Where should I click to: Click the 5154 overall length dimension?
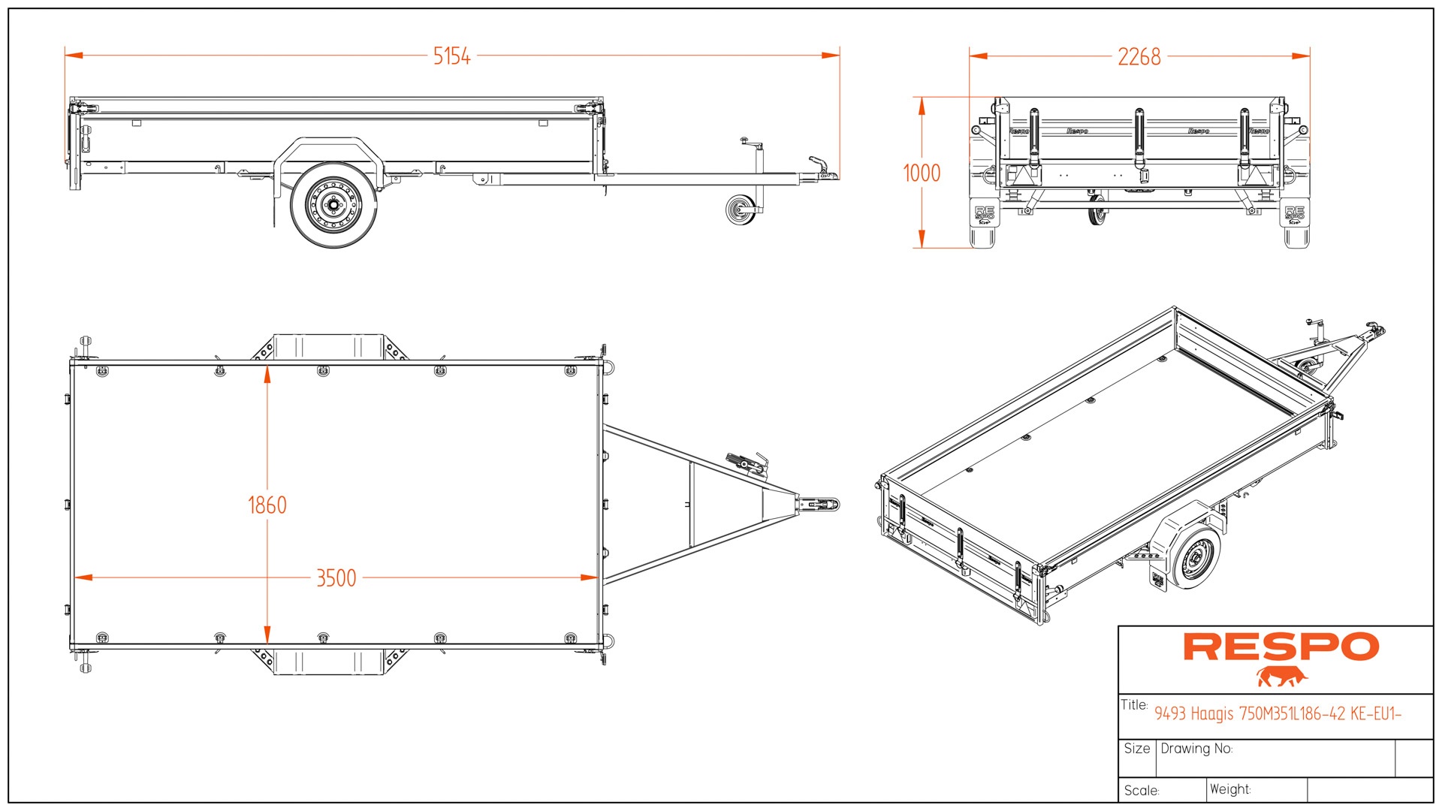click(x=451, y=56)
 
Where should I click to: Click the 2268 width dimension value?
click(x=1139, y=57)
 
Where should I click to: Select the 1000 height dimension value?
click(x=922, y=173)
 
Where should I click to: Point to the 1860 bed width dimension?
click(x=267, y=505)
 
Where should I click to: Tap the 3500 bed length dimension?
click(x=336, y=578)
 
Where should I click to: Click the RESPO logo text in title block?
click(x=1281, y=647)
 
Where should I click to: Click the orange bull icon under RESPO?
click(x=1282, y=677)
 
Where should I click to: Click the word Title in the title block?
click(x=1134, y=705)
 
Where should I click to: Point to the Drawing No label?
click(x=1196, y=749)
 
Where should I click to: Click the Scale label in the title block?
click(x=1142, y=791)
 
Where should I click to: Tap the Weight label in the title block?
click(x=1230, y=789)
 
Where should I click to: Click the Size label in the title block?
click(x=1137, y=749)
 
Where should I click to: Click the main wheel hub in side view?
click(x=333, y=204)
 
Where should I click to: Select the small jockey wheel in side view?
click(x=741, y=210)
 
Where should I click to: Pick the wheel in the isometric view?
click(x=1193, y=556)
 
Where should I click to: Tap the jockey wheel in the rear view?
click(x=1097, y=210)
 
